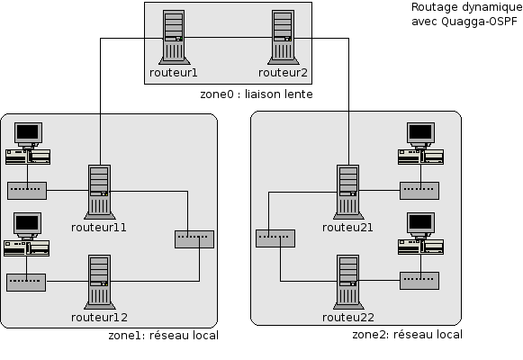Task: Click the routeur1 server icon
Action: (174, 37)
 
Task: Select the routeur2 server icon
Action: (284, 37)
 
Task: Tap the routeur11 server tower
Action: (99, 192)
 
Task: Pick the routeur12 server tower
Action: (99, 282)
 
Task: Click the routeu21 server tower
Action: (348, 192)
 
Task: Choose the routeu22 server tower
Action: (348, 282)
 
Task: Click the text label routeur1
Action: (174, 73)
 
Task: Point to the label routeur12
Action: (99, 318)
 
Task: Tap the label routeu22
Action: (347, 318)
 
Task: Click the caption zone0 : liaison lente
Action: (257, 94)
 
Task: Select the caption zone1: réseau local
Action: (163, 336)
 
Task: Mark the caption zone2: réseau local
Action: (407, 334)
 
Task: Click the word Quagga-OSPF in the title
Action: (479, 22)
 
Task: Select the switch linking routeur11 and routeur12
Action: (194, 239)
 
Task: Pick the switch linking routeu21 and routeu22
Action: (275, 238)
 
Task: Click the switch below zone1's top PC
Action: (27, 191)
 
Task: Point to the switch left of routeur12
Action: (26, 283)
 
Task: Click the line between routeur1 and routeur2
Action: (228, 37)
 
